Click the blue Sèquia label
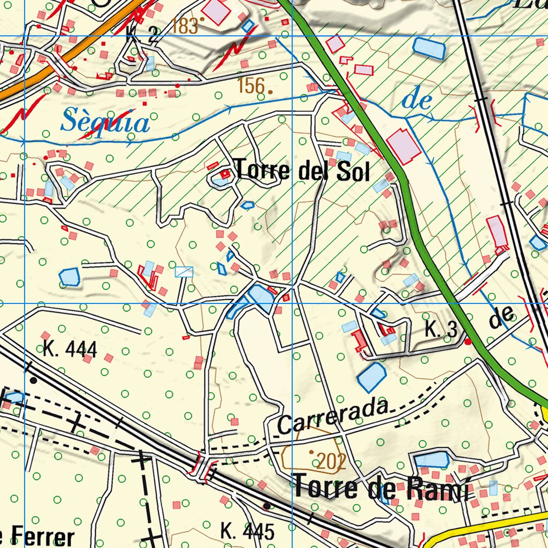(x=105, y=121)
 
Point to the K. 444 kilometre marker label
(x=70, y=349)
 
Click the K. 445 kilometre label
(x=247, y=531)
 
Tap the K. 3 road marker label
(x=441, y=330)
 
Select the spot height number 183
(x=185, y=26)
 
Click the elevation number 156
(x=251, y=85)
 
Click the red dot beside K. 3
(x=468, y=341)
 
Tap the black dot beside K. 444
(x=34, y=380)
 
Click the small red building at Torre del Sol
(x=225, y=173)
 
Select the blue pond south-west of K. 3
(x=371, y=377)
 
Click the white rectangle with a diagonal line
(x=184, y=271)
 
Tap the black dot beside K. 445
(x=266, y=505)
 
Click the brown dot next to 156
(x=271, y=92)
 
